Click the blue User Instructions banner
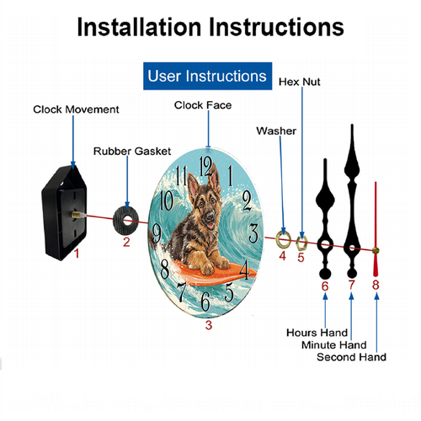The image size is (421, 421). coord(207,76)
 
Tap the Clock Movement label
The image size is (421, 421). coord(76,109)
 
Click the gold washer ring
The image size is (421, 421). coord(283,240)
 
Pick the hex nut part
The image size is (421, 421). coord(301,243)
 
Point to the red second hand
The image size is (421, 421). coord(376,229)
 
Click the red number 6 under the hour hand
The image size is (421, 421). coord(325,286)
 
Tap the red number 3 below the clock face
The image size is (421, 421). coord(209,325)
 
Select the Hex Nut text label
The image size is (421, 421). coord(300,82)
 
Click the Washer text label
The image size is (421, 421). coord(276,131)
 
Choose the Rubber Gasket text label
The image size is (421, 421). coord(132,152)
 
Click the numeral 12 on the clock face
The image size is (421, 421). coord(205,167)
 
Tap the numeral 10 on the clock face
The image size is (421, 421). coord(167,200)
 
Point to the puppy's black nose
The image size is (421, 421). coord(210,216)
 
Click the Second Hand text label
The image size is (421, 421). coord(351,357)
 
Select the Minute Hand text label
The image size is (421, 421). coord(334,345)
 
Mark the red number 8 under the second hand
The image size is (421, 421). coord(376,285)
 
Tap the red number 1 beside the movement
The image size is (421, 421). coord(77,253)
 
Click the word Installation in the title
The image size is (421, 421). coord(139,27)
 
